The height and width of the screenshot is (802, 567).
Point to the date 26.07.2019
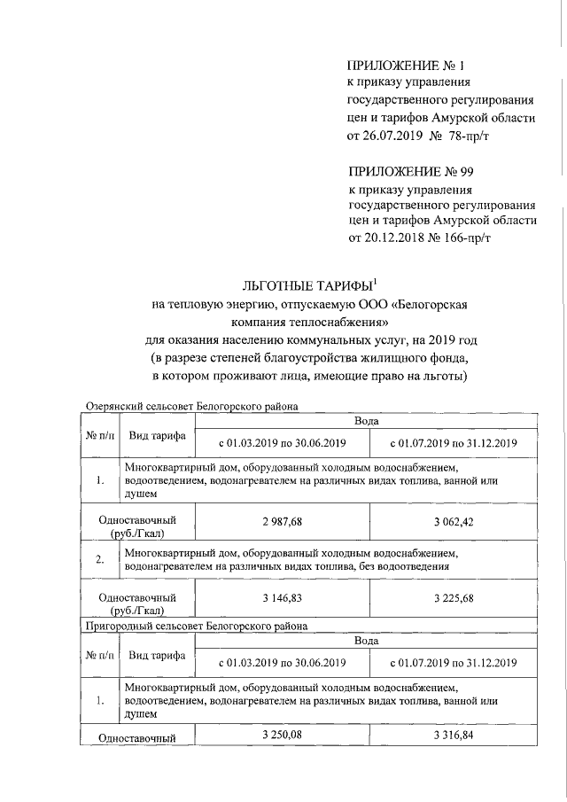click(390, 136)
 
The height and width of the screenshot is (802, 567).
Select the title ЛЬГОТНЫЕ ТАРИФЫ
click(307, 286)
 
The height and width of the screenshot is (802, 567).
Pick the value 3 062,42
click(454, 520)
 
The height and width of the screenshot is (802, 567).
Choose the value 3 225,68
click(454, 598)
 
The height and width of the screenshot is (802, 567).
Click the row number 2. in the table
click(100, 559)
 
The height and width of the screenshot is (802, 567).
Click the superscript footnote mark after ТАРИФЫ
click(375, 281)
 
